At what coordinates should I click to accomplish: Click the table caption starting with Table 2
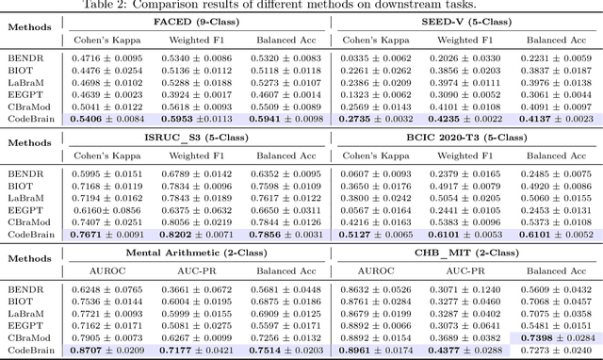click(301, 6)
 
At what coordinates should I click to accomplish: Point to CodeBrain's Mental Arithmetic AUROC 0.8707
click(108, 349)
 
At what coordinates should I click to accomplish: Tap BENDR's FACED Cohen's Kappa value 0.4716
click(108, 57)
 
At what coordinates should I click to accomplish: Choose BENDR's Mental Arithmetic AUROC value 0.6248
click(108, 287)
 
